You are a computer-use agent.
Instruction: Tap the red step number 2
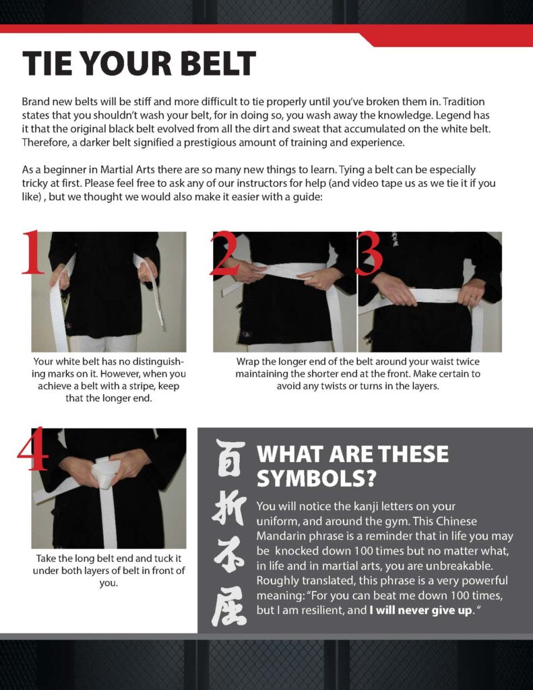pyautogui.click(x=225, y=254)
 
